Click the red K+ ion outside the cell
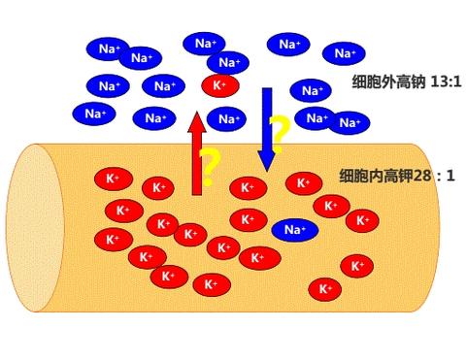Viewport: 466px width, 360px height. (x=220, y=85)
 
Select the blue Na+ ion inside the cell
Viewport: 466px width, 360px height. (x=295, y=230)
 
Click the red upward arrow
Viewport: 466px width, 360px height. (x=197, y=155)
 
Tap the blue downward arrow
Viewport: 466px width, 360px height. (x=267, y=126)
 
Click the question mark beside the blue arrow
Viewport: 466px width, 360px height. (x=280, y=128)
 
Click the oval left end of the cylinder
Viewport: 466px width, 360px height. (x=35, y=228)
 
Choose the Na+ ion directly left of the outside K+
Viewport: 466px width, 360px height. (x=163, y=86)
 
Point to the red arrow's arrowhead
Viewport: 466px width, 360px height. (x=197, y=121)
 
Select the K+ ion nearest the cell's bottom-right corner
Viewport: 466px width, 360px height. (x=325, y=289)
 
